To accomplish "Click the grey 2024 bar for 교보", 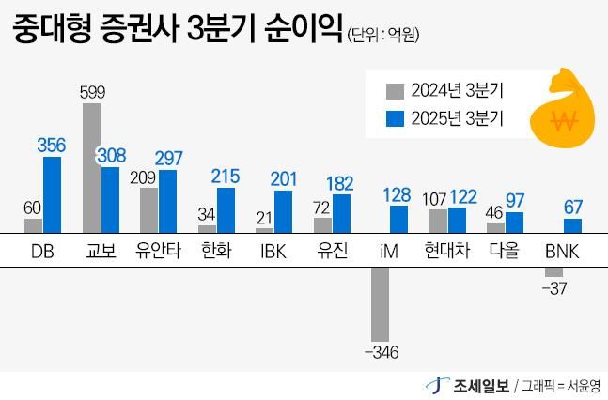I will coord(91,167).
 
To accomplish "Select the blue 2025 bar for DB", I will coord(52,194).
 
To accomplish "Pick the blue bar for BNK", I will coord(572,225).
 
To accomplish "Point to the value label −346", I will coord(380,352).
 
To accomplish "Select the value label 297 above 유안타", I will coord(168,158).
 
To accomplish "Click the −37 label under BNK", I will coord(553,288).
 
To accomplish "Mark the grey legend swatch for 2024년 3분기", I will coord(395,91).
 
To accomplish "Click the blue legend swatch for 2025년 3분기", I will coord(395,119).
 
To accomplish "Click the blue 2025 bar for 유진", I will coord(341,213).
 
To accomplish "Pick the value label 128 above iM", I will coord(399,194).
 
